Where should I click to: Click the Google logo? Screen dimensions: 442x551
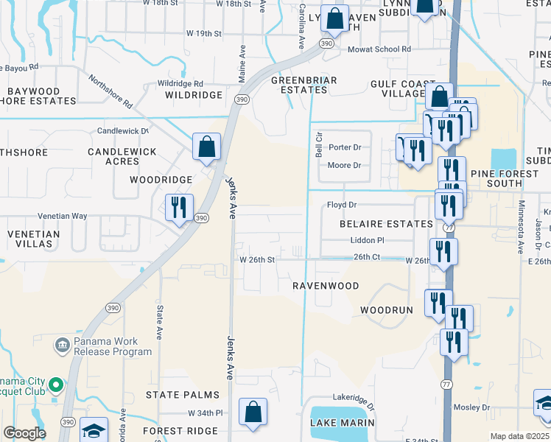click(24, 433)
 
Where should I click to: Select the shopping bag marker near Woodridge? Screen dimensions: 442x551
click(206, 147)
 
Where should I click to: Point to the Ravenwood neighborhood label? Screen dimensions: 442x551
click(325, 286)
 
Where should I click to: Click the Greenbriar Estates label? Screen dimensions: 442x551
click(304, 85)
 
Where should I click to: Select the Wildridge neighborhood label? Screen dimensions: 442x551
click(194, 95)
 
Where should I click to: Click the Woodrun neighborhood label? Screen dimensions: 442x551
click(387, 310)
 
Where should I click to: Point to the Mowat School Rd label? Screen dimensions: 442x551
click(380, 49)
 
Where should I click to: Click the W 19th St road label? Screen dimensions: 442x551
click(205, 34)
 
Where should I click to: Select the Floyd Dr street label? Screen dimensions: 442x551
click(342, 205)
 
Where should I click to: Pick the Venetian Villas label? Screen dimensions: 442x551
click(33, 239)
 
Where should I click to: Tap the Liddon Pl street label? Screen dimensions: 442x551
click(368, 240)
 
